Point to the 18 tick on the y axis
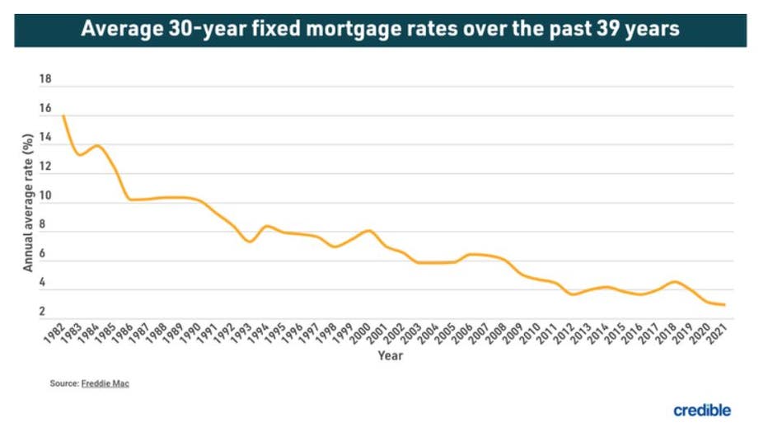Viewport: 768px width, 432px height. click(x=45, y=80)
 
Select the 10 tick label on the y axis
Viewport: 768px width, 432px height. click(x=45, y=197)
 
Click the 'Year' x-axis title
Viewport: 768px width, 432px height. click(x=390, y=355)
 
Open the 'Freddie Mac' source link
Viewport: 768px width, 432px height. click(x=105, y=384)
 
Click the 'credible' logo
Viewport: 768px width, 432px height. click(x=701, y=411)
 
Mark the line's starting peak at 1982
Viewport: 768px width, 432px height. click(x=63, y=116)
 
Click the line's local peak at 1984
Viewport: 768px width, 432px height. click(x=98, y=146)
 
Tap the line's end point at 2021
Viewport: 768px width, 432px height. click(x=724, y=305)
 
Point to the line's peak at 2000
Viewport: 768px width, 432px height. click(x=368, y=231)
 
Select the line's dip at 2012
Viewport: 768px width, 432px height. click(x=573, y=294)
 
